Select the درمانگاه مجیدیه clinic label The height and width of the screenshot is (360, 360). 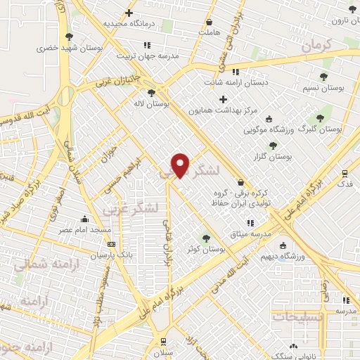[x=129, y=23]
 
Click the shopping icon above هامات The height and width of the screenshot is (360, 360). [x=209, y=22]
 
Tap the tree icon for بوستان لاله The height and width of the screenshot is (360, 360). [x=151, y=93]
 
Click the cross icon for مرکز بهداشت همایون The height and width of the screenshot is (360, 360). [x=223, y=99]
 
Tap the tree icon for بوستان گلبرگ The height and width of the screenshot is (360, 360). [x=320, y=118]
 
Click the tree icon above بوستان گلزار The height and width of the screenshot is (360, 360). [x=273, y=146]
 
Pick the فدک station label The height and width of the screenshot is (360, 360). [x=345, y=183]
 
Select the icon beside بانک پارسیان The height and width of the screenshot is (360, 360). [x=110, y=245]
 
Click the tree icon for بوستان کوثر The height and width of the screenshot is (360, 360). [x=206, y=238]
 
